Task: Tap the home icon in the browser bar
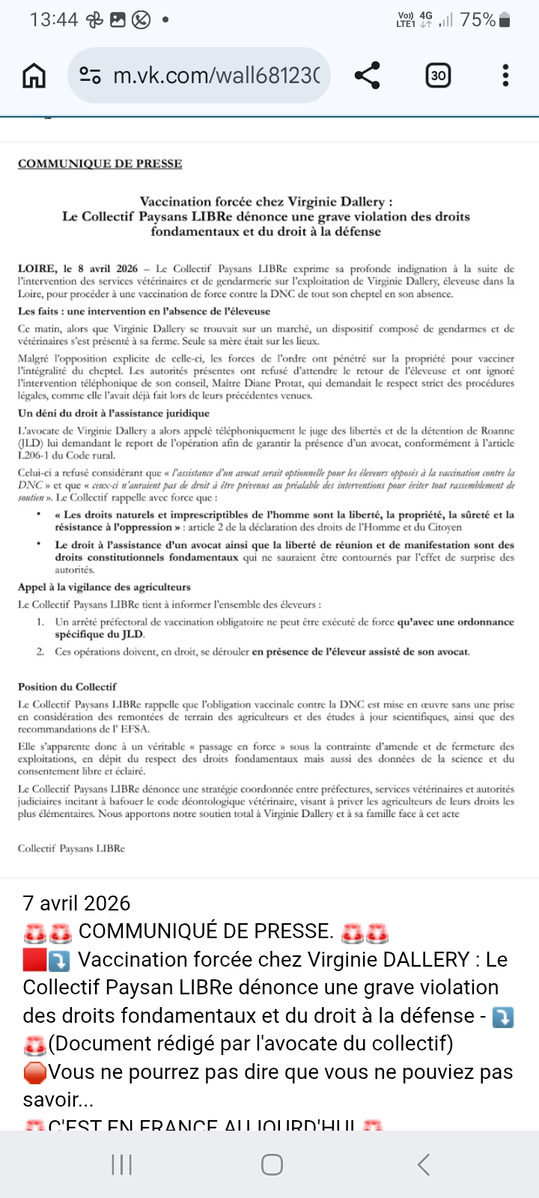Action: (x=34, y=75)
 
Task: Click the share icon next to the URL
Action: (x=367, y=75)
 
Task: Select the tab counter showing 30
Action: (x=438, y=75)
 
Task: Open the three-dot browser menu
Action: (x=506, y=75)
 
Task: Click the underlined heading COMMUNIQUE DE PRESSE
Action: (x=100, y=164)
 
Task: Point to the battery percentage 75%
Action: (x=478, y=20)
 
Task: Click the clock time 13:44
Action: (x=54, y=20)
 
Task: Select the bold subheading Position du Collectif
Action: (x=67, y=687)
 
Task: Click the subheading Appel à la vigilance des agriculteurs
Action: (x=104, y=587)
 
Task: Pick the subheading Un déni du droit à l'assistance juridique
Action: (x=114, y=413)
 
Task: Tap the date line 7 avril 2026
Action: (x=76, y=903)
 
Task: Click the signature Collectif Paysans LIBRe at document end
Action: (x=71, y=848)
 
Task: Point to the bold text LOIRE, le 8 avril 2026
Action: (x=78, y=269)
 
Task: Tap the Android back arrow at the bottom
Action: (x=424, y=1164)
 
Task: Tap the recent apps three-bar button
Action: (x=121, y=1164)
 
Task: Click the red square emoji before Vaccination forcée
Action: (x=34, y=960)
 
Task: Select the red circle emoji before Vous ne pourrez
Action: (x=34, y=1073)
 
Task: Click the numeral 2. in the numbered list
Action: (x=40, y=651)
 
